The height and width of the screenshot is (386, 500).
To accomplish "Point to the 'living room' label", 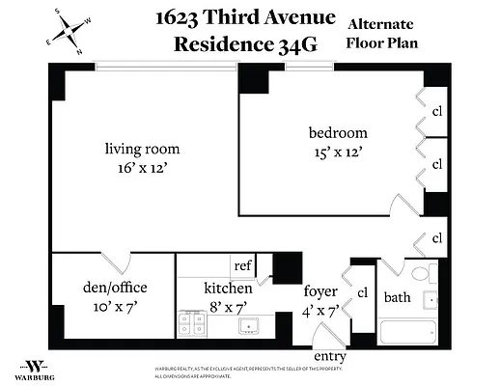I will [x=143, y=149].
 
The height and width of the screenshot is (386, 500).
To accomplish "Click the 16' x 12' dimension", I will [x=143, y=169].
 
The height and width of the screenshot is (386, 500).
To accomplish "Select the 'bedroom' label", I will [x=338, y=132].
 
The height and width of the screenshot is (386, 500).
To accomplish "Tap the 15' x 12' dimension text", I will [x=338, y=152].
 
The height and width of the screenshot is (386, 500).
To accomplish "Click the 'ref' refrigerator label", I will [x=243, y=265].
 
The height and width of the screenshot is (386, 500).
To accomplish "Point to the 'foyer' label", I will [x=319, y=290].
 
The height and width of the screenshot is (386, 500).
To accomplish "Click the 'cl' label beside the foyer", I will [x=363, y=292].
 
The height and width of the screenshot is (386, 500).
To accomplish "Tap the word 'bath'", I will [x=398, y=297].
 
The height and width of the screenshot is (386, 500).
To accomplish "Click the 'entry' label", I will [x=330, y=357].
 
